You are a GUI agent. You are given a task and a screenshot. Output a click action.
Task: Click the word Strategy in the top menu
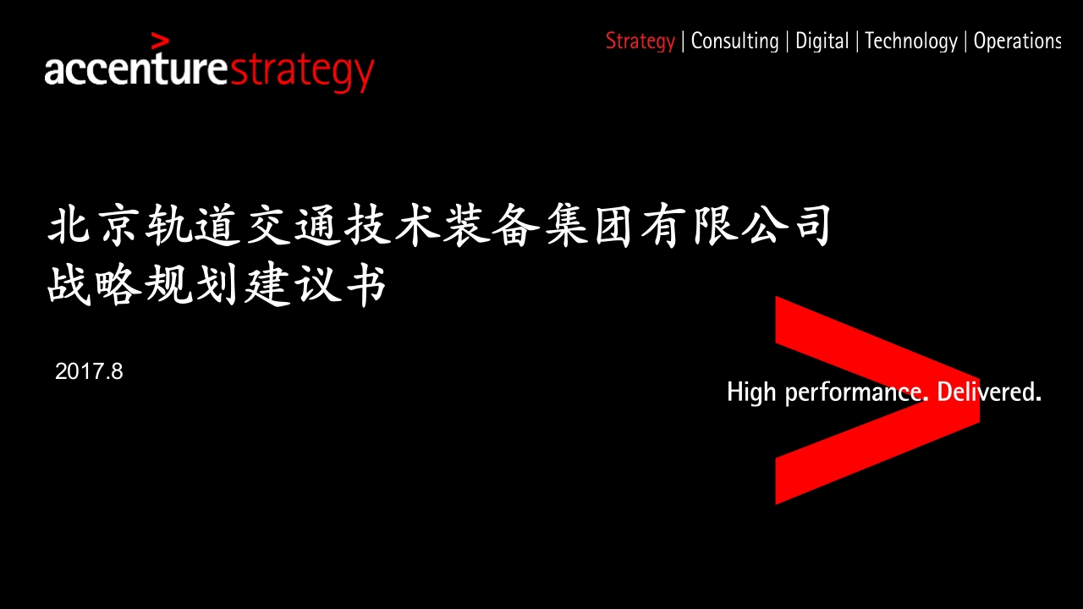(640, 41)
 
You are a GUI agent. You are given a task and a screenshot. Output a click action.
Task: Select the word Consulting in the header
(735, 41)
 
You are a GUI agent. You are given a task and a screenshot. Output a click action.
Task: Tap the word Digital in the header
(822, 41)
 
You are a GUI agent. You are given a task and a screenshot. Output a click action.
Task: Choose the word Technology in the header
(911, 41)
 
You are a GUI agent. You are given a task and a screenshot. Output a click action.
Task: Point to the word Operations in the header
(1017, 41)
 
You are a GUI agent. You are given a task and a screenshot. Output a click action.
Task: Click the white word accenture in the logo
(136, 69)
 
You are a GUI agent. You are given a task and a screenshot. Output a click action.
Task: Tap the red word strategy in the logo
(302, 73)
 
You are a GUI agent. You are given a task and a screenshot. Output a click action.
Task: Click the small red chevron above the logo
(160, 41)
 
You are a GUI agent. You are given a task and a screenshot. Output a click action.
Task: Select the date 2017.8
(89, 371)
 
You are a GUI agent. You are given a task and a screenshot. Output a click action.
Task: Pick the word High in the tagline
(752, 392)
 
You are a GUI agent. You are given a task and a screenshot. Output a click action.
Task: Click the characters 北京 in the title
(93, 225)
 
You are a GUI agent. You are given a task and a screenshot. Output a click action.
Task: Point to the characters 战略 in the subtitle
(93, 285)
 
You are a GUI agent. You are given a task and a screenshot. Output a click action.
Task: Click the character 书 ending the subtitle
(366, 285)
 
